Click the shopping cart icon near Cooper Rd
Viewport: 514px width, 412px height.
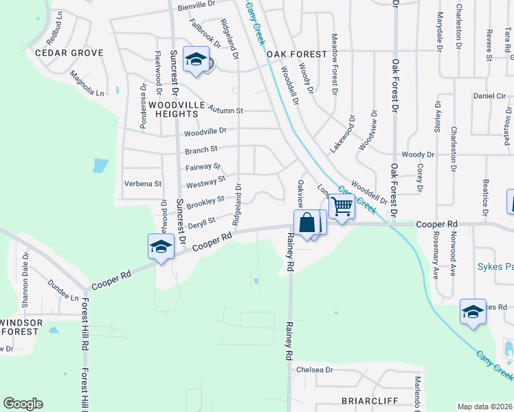tap(342, 206)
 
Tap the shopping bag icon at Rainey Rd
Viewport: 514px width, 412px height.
tap(306, 223)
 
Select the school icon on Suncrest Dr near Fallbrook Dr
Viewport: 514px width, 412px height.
tap(196, 60)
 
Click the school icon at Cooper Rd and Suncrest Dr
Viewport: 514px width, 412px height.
tap(161, 247)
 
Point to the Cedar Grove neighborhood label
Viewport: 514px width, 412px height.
tap(69, 53)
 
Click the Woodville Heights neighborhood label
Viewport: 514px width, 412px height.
tap(172, 109)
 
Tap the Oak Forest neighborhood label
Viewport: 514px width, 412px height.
tap(295, 54)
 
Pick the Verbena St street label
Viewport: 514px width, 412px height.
tap(142, 184)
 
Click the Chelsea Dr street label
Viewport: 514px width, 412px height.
tap(314, 369)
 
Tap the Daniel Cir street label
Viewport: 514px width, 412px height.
tap(489, 96)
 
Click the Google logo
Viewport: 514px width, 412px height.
tap(23, 404)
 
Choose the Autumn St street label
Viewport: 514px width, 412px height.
tap(225, 110)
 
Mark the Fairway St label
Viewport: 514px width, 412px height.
tap(203, 166)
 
